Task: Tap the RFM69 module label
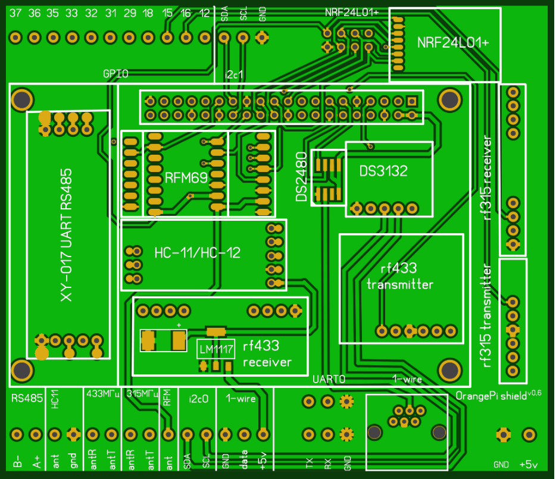(x=181, y=177)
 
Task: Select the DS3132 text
(x=383, y=171)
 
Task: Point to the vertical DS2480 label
(x=302, y=177)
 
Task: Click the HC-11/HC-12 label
(x=197, y=253)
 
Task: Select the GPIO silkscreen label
(x=115, y=74)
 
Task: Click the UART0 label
(x=329, y=378)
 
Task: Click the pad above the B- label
(x=17, y=434)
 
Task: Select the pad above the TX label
(x=308, y=435)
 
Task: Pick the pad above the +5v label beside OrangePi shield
(x=527, y=435)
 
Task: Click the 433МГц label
(x=103, y=393)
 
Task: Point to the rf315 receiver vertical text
(x=488, y=179)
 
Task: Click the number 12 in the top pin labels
(x=204, y=13)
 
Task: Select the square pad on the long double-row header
(x=411, y=101)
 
